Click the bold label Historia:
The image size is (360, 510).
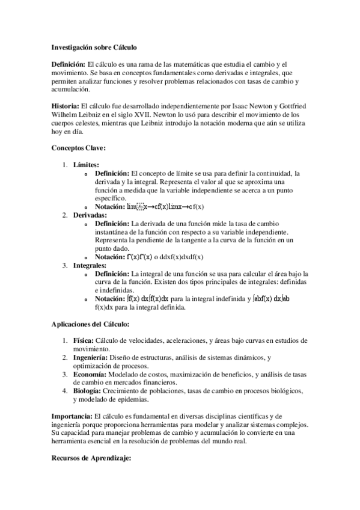[70, 106]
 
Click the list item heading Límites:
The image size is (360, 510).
[87, 165]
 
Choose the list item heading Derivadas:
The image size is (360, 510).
[90, 215]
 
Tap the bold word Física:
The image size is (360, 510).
[84, 341]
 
